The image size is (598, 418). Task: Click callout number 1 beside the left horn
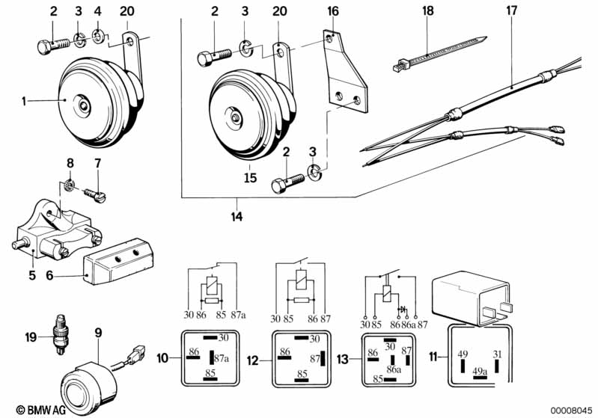[25, 99]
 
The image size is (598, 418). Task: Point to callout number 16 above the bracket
[332, 13]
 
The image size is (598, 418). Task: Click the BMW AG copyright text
[32, 408]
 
